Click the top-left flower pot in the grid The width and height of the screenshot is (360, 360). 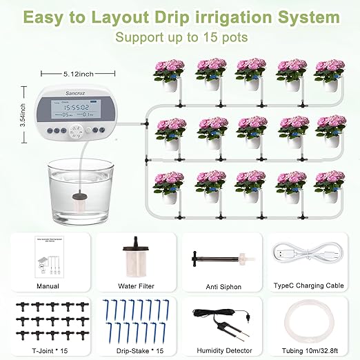(x=168, y=74)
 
